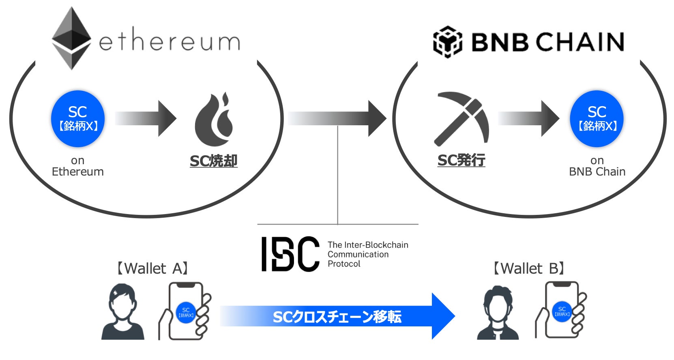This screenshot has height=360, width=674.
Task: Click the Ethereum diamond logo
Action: click(x=72, y=38)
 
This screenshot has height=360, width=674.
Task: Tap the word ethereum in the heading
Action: click(x=170, y=42)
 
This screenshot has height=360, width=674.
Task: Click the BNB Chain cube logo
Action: click(x=447, y=42)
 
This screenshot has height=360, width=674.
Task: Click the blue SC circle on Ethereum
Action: click(x=78, y=118)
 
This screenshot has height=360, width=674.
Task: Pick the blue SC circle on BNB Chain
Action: click(x=597, y=118)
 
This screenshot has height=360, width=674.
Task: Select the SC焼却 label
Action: click(x=213, y=161)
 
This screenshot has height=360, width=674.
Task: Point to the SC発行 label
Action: click(x=461, y=161)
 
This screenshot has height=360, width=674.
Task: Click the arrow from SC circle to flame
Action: click(x=146, y=118)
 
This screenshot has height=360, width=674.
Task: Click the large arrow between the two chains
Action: click(x=337, y=118)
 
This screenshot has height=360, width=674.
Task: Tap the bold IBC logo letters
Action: click(x=290, y=254)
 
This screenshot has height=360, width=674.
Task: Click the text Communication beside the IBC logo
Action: click(x=358, y=254)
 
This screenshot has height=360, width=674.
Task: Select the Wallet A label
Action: click(x=152, y=268)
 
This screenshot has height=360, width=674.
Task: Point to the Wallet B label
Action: click(x=528, y=268)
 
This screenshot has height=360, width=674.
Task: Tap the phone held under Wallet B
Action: click(x=562, y=310)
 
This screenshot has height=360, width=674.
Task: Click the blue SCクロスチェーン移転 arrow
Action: click(x=337, y=316)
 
